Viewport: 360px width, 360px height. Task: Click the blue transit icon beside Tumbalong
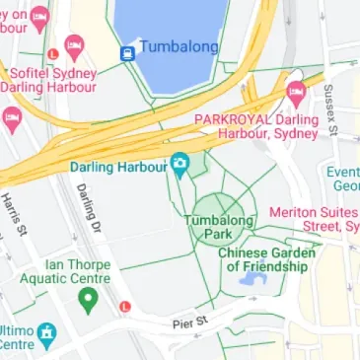click(x=127, y=53)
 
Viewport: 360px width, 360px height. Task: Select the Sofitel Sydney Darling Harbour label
click(x=49, y=79)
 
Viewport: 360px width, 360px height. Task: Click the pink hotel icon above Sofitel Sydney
click(x=73, y=46)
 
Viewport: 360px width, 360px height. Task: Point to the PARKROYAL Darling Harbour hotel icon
click(x=295, y=95)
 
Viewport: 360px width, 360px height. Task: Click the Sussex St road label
click(x=331, y=108)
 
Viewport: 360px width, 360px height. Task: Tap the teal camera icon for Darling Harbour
click(x=180, y=165)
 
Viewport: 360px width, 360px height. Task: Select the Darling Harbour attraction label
click(x=117, y=166)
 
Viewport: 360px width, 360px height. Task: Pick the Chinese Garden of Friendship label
click(x=266, y=259)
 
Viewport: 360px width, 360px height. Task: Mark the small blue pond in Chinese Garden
click(x=250, y=281)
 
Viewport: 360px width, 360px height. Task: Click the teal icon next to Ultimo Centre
click(x=46, y=337)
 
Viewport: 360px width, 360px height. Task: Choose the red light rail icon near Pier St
click(x=124, y=306)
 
